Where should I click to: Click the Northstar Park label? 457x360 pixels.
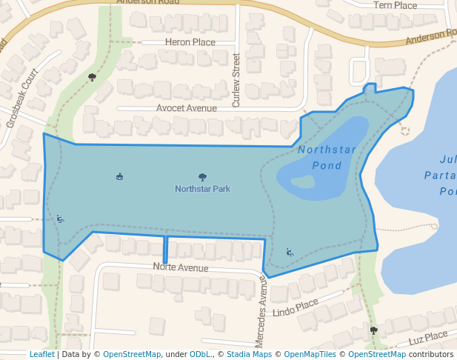pos(202,189)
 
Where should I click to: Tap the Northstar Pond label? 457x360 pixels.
pos(327,158)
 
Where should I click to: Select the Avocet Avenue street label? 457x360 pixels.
pos(186,108)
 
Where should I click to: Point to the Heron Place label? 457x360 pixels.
pos(190,42)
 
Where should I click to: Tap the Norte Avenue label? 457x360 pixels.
pos(180,267)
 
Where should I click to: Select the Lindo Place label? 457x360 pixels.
pos(295,307)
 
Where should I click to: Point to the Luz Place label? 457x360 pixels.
pos(427,337)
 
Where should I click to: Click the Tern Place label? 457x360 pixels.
pos(395,5)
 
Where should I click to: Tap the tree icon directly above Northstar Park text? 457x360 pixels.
pos(202,177)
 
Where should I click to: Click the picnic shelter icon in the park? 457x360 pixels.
pos(119,176)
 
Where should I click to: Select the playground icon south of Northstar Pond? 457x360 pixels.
pos(290,252)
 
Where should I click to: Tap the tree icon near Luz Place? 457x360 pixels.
pos(373,330)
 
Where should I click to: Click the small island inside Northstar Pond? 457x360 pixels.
pos(304,181)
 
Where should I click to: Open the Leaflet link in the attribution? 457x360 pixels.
pos(41,354)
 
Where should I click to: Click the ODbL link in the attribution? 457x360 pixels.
pos(199,354)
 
